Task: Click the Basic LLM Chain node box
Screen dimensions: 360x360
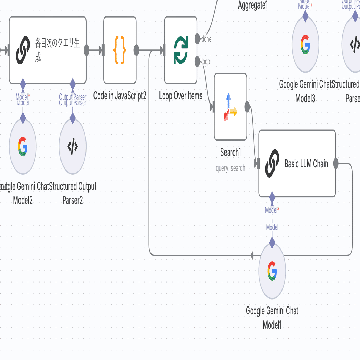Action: (x=297, y=163)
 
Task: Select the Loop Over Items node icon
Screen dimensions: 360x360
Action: (x=181, y=50)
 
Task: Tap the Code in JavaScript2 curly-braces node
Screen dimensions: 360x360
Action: (x=120, y=50)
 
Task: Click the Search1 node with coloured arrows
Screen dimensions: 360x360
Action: (x=230, y=107)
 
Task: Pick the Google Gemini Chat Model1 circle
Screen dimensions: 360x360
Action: (x=272, y=271)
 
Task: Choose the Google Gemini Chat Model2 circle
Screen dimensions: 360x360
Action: (x=23, y=146)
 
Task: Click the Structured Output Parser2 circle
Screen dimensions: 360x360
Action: (x=73, y=146)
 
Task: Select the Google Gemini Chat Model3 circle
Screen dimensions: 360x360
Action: (x=305, y=44)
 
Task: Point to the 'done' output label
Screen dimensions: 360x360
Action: (x=206, y=39)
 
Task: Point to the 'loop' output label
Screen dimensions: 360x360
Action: (x=206, y=62)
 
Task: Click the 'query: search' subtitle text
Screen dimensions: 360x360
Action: (x=230, y=168)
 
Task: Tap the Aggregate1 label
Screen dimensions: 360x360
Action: (x=253, y=6)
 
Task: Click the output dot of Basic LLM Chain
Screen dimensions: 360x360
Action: (x=336, y=163)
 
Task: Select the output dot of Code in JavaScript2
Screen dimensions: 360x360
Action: (x=137, y=50)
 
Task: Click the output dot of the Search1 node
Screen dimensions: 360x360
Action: (x=247, y=107)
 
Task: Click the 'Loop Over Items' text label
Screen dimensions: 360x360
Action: (x=181, y=96)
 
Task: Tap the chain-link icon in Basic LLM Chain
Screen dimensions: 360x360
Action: (x=272, y=163)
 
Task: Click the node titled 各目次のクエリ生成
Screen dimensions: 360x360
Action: (x=48, y=50)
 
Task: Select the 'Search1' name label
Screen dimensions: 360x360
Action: (x=230, y=152)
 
